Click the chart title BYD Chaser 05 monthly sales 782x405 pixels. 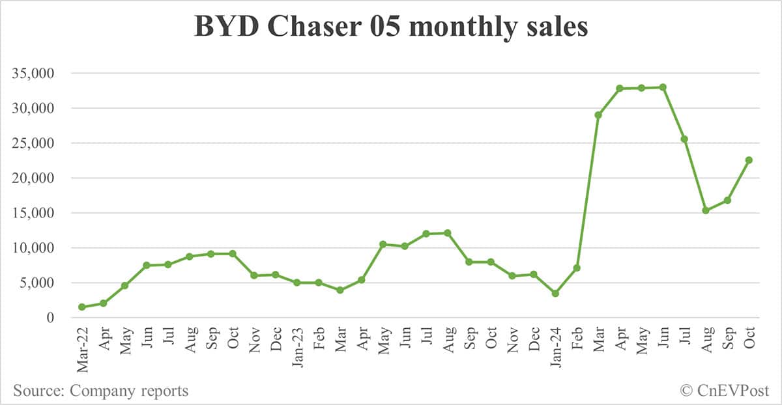click(391, 27)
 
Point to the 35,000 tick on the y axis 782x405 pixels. click(38, 73)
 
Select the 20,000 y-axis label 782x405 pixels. click(38, 178)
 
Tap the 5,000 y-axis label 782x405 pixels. click(41, 283)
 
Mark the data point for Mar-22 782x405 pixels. click(82, 307)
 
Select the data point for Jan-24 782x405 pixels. click(555, 294)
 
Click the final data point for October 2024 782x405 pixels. click(749, 160)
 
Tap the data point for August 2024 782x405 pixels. click(706, 210)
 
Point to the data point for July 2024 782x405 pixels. click(684, 139)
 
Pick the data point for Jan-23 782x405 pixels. click(297, 283)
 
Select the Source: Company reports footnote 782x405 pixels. click(100, 391)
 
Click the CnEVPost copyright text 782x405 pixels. click(725, 391)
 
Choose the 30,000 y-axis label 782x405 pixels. click(38, 108)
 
